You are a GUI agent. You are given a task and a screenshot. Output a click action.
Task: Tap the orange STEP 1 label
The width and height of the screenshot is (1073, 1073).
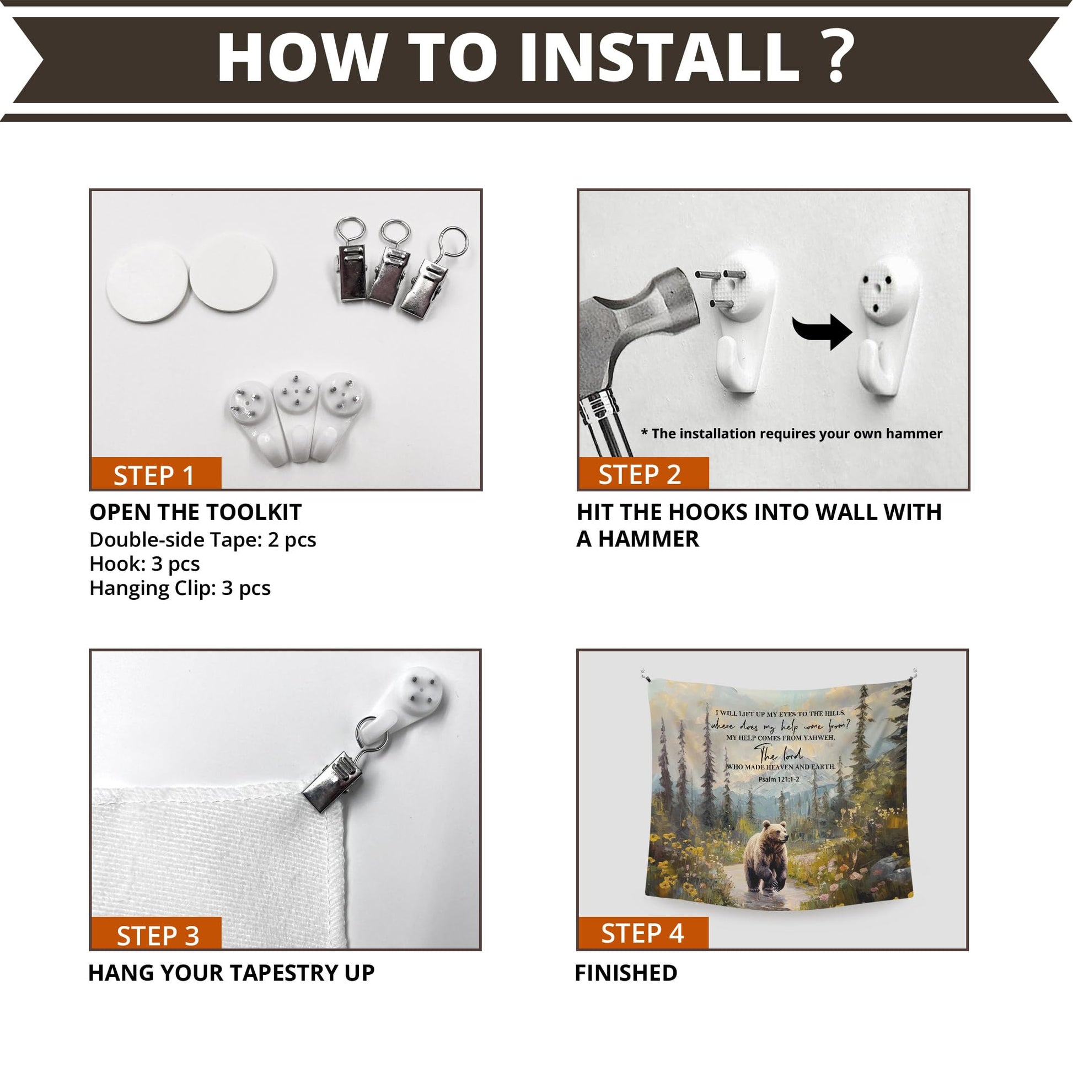[x=155, y=473]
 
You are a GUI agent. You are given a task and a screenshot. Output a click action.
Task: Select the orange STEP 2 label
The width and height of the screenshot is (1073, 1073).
[x=643, y=473]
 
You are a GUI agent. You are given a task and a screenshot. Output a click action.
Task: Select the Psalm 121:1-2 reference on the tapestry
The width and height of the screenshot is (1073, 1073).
[x=779, y=779]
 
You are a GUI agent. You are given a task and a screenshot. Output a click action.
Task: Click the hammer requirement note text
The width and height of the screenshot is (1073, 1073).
[x=791, y=434]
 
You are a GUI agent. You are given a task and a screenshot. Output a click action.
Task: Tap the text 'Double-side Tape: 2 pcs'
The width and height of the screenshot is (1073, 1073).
[x=203, y=540]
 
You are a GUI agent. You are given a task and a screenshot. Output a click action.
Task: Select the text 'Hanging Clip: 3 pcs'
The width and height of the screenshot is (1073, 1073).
[x=180, y=588]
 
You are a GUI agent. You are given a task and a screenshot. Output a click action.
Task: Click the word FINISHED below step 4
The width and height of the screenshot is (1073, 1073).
[x=626, y=973]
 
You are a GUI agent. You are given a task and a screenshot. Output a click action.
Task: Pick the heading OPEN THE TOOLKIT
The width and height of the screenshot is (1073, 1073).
[x=196, y=512]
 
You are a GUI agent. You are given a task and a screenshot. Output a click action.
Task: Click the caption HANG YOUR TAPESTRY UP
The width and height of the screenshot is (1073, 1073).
[x=232, y=973]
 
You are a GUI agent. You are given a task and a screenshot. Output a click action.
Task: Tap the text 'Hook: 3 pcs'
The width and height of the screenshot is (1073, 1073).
[x=145, y=564]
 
